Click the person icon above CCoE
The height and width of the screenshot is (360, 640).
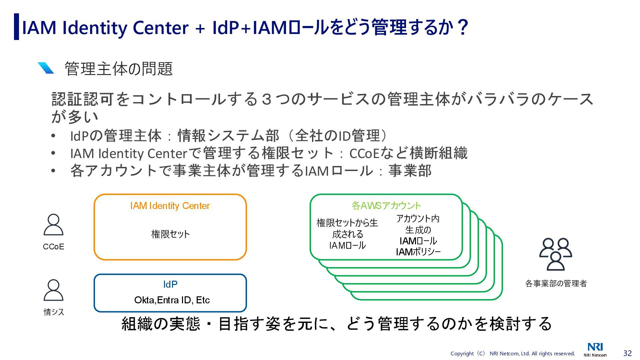coord(53,225)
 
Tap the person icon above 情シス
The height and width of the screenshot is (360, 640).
coord(53,290)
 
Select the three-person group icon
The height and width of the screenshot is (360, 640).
coord(555,254)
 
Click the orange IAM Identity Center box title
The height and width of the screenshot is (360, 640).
coord(170,206)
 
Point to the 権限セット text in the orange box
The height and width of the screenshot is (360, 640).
coord(170,234)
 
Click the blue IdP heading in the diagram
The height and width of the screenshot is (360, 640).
coord(170,284)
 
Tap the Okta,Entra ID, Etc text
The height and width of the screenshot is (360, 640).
coord(172,300)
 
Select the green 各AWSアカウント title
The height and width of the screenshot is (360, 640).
coord(386,206)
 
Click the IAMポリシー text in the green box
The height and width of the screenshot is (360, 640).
coord(418,252)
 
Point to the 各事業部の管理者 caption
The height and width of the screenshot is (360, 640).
coord(556,283)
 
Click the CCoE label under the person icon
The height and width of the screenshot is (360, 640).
coord(53,247)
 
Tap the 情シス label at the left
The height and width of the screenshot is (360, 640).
coord(54,312)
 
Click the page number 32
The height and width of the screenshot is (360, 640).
coord(627,353)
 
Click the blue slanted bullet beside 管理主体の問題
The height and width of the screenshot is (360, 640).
coord(46,68)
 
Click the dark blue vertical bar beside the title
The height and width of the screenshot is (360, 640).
coord(16,27)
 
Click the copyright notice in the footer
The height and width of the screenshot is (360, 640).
coord(512,354)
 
